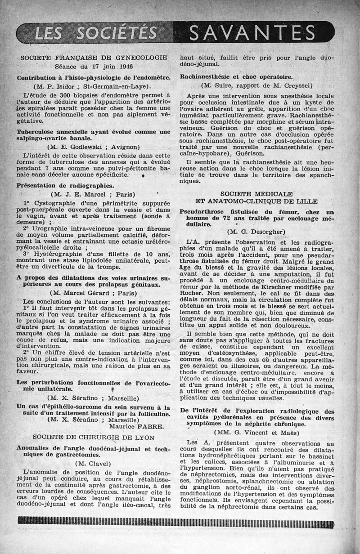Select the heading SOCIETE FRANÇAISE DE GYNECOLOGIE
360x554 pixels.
click(94, 58)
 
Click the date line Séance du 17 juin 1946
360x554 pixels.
click(94, 66)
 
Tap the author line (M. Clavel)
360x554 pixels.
click(94, 463)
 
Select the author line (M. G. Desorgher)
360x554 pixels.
click(257, 232)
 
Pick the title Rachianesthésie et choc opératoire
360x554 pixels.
click(236, 76)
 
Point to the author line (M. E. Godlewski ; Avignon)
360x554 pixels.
click(94, 147)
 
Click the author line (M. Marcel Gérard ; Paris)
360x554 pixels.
click(94, 292)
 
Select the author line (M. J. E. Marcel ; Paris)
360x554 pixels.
click(94, 194)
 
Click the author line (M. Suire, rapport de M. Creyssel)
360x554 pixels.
click(257, 85)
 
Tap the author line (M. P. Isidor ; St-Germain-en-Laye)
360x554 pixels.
click(94, 86)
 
